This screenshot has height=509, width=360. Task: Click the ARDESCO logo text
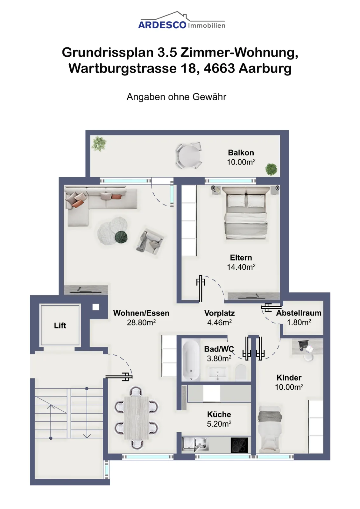(162, 25)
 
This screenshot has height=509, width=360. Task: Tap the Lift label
(60, 325)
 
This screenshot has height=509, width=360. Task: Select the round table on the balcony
(189, 156)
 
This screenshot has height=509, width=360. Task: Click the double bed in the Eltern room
(246, 213)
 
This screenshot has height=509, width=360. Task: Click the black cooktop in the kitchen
(239, 445)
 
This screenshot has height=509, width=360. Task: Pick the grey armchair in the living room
(150, 241)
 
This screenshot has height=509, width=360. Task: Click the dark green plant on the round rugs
(121, 237)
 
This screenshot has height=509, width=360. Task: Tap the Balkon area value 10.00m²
(241, 162)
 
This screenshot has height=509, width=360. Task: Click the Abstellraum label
(299, 313)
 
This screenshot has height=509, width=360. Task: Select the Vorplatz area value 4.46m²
(219, 322)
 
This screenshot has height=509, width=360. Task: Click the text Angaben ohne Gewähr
(176, 97)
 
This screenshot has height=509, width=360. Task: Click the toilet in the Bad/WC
(241, 372)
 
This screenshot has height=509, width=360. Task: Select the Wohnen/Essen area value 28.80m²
(141, 323)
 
